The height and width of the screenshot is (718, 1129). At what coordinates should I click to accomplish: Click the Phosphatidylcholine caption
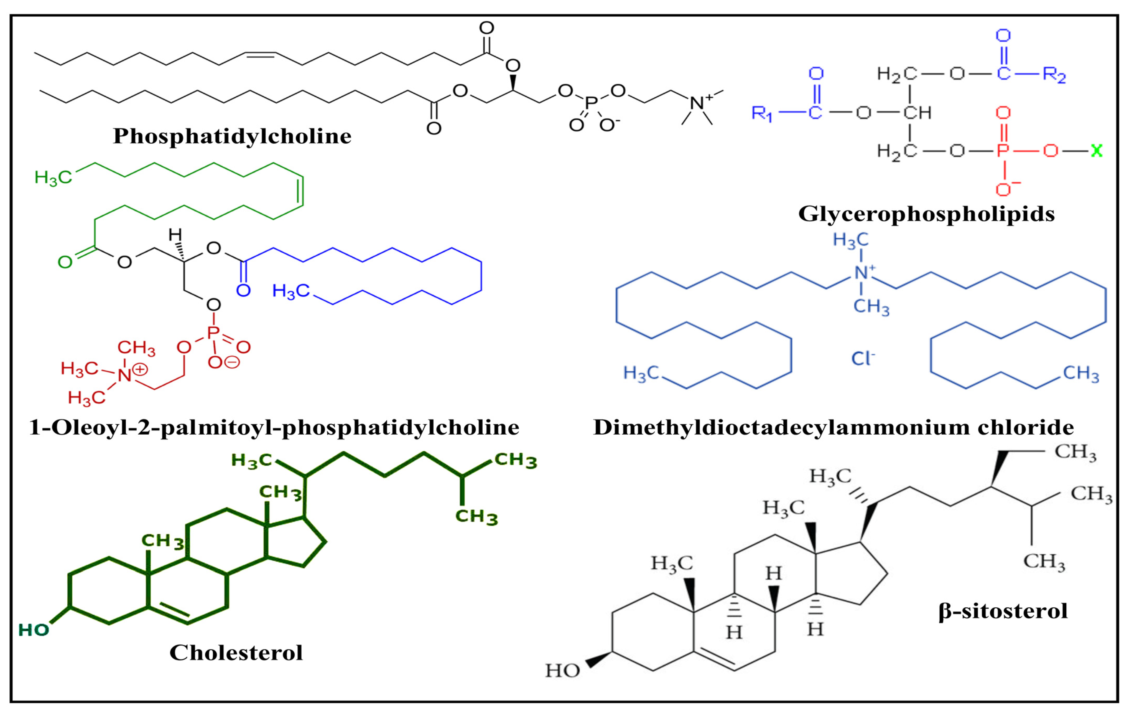click(x=232, y=136)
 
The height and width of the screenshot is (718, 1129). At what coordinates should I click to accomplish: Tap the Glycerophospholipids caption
click(x=926, y=214)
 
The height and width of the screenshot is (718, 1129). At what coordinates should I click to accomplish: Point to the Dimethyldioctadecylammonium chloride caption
click(x=834, y=427)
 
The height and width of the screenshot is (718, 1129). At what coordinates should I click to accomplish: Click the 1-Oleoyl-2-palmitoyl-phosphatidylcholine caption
click(x=274, y=427)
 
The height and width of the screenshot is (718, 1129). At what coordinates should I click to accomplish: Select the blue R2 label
click(x=1054, y=75)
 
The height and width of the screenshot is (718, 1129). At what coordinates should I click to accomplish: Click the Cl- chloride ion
click(x=863, y=359)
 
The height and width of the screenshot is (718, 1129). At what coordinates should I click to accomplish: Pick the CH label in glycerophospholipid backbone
click(x=917, y=113)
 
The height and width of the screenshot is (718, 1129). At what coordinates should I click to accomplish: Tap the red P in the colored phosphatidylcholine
click(x=213, y=333)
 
